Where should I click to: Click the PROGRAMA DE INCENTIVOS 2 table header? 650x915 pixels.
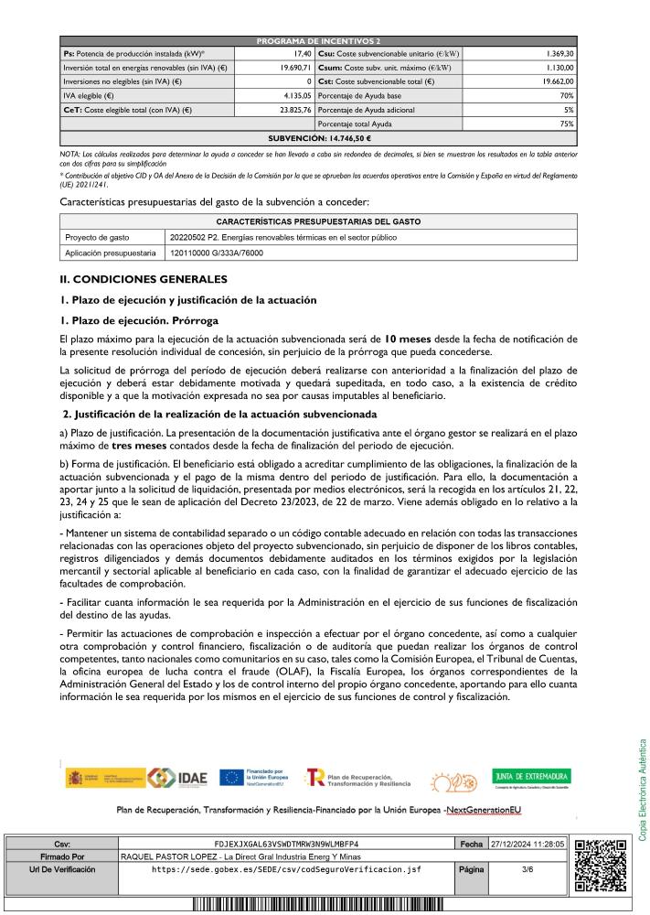tap(318, 41)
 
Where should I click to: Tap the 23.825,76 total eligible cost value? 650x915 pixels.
tap(296, 109)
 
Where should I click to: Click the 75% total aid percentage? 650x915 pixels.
tap(567, 124)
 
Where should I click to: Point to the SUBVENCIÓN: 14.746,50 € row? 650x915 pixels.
tap(318, 137)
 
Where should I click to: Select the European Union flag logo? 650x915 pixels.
tap(230, 778)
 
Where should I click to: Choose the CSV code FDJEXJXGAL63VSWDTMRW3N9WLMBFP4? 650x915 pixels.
tap(286, 844)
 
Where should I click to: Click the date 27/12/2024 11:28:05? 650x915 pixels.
tap(528, 844)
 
